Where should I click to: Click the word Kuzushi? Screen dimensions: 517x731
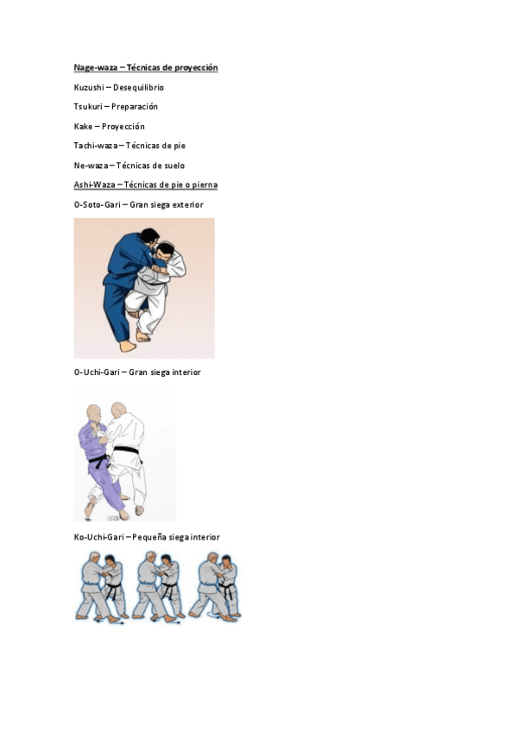click(x=89, y=87)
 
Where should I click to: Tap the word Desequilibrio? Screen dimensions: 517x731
click(x=139, y=87)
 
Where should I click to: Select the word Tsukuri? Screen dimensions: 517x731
click(x=88, y=107)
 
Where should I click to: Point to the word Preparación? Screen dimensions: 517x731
click(x=135, y=107)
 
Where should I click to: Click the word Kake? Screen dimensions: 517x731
click(x=83, y=127)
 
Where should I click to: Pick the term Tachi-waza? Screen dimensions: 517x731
click(x=95, y=146)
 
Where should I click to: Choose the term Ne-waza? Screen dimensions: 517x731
click(x=91, y=166)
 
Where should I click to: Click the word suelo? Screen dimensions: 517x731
click(x=173, y=166)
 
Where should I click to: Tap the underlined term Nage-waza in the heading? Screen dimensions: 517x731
click(x=96, y=67)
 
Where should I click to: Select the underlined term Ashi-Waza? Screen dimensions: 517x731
click(x=94, y=184)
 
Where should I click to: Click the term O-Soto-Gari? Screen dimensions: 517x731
click(x=97, y=204)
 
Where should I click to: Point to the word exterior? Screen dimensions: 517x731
click(x=187, y=204)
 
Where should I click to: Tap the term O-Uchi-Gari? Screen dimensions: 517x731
click(x=97, y=372)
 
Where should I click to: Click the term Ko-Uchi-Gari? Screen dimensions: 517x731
click(x=99, y=537)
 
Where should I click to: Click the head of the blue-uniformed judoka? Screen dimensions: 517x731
click(x=150, y=236)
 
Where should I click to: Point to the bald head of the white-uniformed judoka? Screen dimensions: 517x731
click(x=118, y=410)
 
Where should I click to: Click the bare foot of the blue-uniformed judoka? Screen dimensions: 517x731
click(x=128, y=346)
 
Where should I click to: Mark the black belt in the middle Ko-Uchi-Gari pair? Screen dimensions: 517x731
click(x=169, y=589)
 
